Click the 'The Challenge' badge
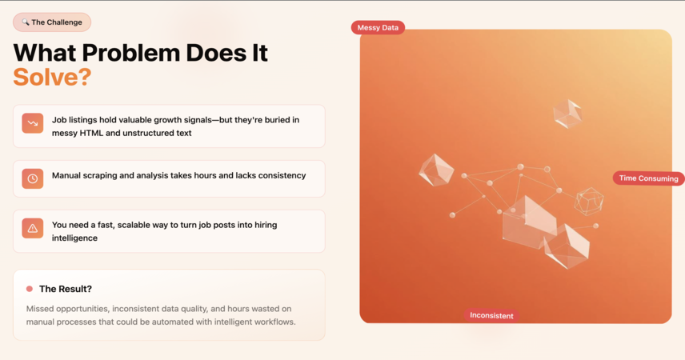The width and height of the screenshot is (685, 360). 52,22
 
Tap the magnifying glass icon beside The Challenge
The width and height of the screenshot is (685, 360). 26,22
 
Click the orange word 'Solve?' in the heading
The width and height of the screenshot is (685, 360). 53,77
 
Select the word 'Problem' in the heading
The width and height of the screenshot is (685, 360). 130,53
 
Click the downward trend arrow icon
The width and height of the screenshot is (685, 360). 33,123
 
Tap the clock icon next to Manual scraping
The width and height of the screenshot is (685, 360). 33,178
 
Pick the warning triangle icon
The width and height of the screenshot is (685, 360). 33,228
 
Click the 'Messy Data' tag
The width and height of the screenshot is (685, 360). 378,27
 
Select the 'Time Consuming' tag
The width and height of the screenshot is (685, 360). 649,178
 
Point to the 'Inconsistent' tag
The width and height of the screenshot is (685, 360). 491,315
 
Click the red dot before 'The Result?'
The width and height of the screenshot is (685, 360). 30,289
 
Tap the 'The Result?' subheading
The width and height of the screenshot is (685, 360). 66,289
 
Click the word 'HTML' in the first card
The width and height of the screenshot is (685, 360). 91,134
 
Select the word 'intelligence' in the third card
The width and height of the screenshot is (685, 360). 74,238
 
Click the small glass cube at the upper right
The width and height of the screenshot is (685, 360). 567,114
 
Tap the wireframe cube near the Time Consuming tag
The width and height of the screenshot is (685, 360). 589,201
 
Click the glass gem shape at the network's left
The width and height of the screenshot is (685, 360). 436,170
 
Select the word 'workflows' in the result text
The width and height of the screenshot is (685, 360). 274,322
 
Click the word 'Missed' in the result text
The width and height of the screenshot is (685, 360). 40,309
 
